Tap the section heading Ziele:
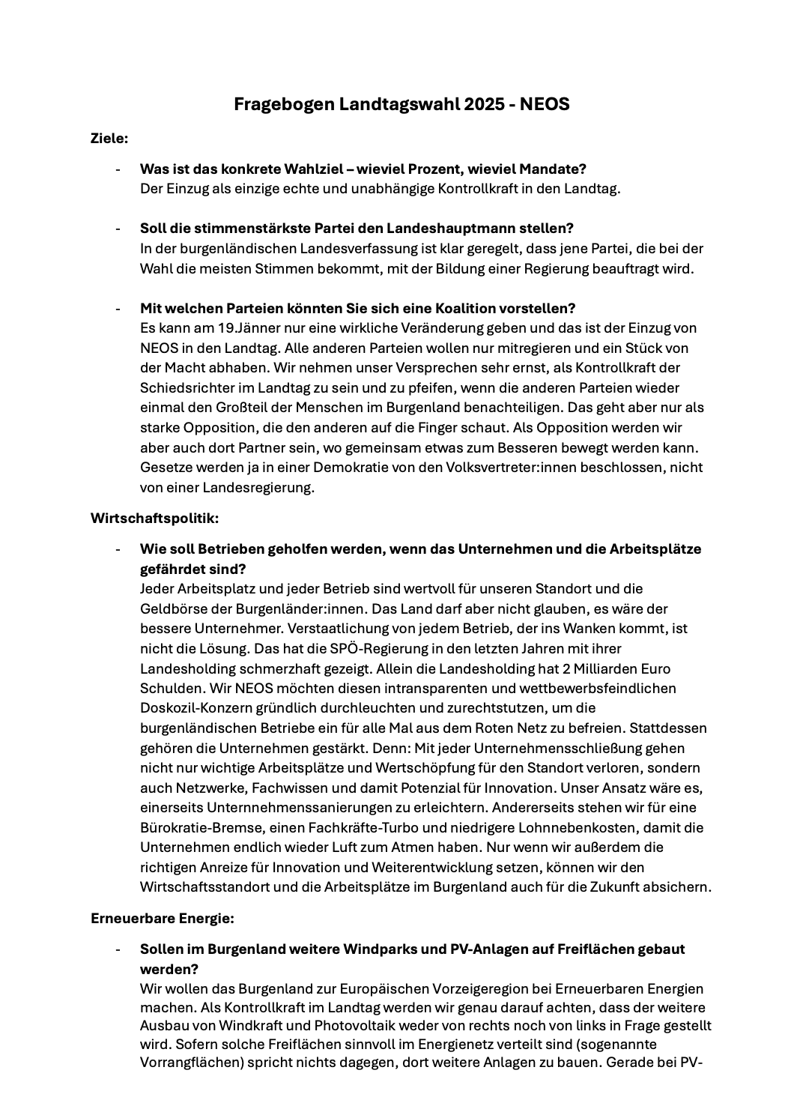pos(109,139)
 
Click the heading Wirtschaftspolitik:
pos(154,518)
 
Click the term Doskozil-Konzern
pos(196,708)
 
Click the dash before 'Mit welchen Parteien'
pos(118,309)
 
